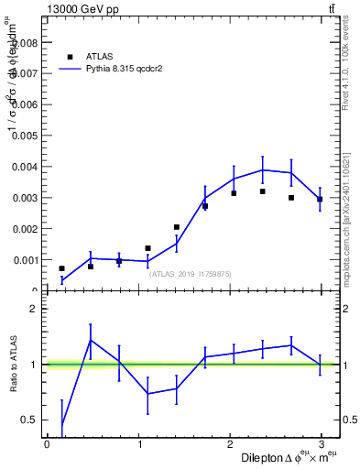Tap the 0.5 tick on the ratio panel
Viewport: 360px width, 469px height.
(29, 420)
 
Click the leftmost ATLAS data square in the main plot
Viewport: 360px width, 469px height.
(62, 268)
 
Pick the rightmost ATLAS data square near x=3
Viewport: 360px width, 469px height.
(320, 199)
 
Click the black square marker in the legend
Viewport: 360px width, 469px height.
(70, 56)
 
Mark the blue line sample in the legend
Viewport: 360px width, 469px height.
(70, 68)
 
